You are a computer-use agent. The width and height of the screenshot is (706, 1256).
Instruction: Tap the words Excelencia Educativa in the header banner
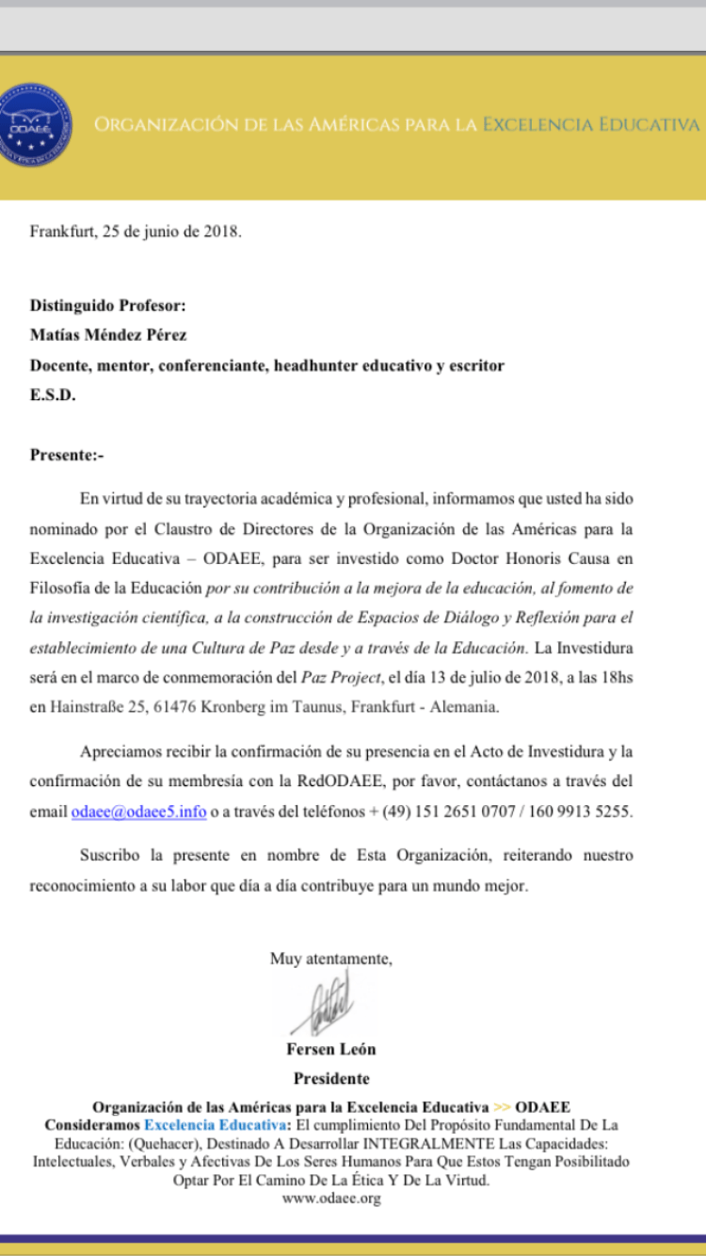coord(591,124)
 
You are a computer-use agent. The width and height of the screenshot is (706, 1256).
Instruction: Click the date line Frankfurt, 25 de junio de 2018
coord(136,232)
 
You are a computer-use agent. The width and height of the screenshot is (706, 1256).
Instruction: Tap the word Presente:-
coord(67,456)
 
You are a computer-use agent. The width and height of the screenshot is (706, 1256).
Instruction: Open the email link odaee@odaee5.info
coord(138,811)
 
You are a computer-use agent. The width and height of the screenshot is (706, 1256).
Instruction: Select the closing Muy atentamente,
coord(330,958)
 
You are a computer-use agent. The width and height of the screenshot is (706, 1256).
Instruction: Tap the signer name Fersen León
coord(330,1049)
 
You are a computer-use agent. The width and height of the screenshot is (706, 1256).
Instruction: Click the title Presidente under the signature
coord(330,1078)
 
